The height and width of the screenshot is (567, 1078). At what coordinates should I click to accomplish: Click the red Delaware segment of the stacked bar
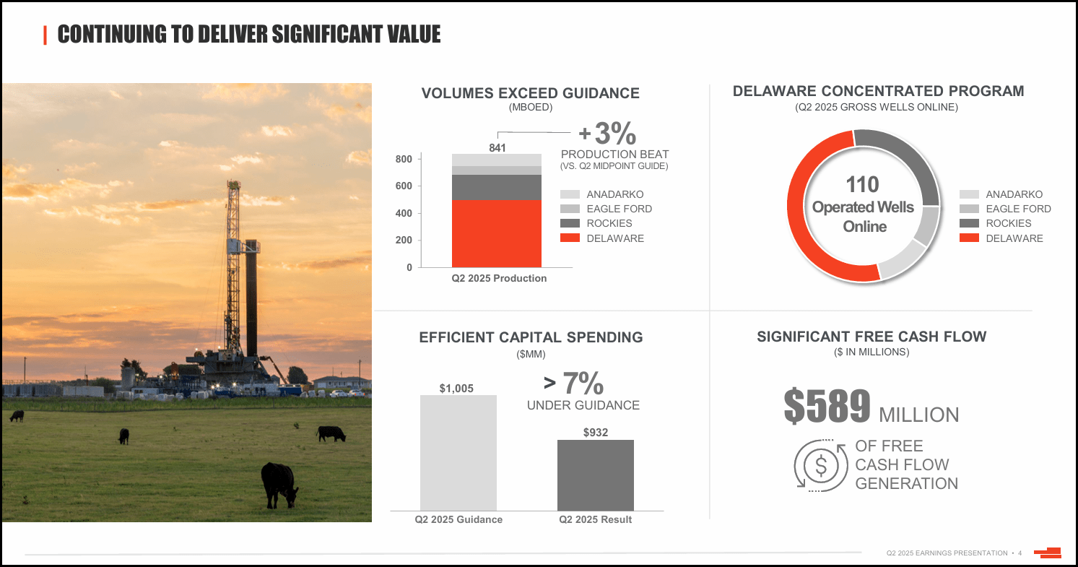coord(496,233)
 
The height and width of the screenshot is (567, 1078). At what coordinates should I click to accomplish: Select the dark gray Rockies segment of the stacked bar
coord(496,187)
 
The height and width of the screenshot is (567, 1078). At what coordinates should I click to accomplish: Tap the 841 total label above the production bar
coord(497,147)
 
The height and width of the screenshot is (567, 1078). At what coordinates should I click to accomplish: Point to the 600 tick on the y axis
coord(404,186)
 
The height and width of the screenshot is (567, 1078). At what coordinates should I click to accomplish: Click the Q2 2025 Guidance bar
coord(458,453)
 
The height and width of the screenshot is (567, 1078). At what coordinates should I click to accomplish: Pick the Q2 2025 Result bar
coord(595,475)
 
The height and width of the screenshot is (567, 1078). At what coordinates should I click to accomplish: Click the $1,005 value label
coord(456,389)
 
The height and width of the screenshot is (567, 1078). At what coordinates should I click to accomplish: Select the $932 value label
coord(596,433)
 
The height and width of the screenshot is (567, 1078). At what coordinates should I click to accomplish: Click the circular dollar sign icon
coord(821,465)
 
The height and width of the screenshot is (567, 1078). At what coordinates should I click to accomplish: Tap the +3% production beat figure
coord(608,134)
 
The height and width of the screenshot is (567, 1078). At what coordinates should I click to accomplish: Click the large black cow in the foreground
coord(279,483)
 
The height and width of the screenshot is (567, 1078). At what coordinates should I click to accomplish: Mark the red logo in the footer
coord(1048,553)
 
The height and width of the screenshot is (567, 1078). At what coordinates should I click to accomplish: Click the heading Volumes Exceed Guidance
coord(530,93)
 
